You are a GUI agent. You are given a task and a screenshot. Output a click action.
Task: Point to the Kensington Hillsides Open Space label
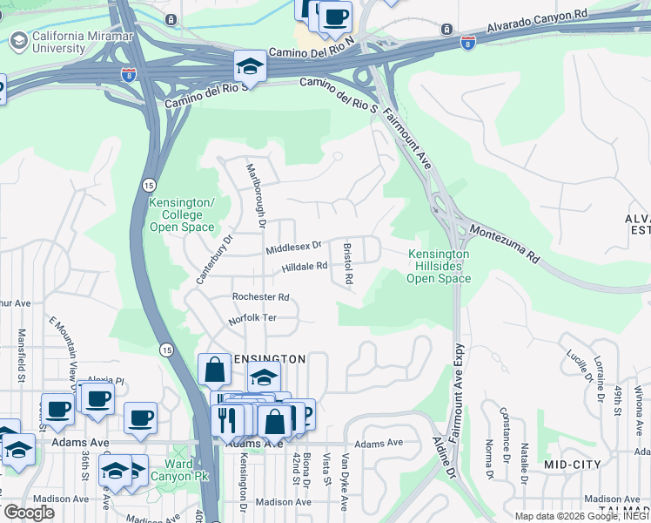point(439,266)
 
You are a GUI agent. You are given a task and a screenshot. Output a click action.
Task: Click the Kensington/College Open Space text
point(182,214)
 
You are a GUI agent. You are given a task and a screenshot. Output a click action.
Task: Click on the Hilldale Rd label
point(304,267)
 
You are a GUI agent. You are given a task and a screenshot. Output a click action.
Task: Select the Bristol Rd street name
point(348,264)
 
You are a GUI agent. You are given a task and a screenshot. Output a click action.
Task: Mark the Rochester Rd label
point(259,297)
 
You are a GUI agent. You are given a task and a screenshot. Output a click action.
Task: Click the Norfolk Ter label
point(252,318)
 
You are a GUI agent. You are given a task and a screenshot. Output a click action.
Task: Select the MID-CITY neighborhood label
point(572,465)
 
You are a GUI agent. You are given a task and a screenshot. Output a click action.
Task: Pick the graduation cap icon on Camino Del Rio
point(249,67)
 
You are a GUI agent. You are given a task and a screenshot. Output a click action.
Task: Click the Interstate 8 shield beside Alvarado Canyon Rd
point(468,41)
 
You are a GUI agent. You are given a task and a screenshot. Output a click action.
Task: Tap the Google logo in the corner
point(29,512)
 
